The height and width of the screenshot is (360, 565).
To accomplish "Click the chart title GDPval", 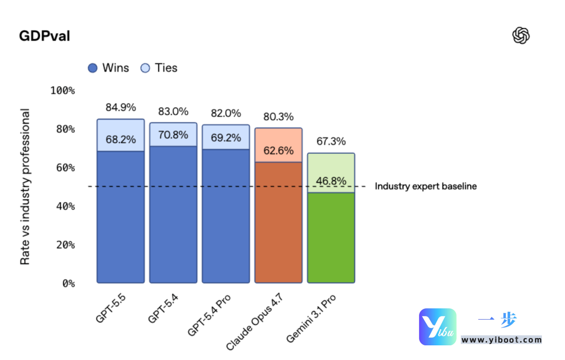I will pyautogui.click(x=44, y=36).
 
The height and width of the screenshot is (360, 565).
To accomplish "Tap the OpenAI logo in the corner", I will pyautogui.click(x=521, y=36).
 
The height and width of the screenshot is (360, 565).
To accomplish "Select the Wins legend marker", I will pyautogui.click(x=93, y=68).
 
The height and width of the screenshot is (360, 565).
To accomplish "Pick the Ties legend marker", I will pyautogui.click(x=145, y=68).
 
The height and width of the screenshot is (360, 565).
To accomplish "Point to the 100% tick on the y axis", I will pyautogui.click(x=63, y=91).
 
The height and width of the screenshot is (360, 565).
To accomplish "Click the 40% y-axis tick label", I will pyautogui.click(x=63, y=206).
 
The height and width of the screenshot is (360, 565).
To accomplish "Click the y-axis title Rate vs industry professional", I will pyautogui.click(x=25, y=187).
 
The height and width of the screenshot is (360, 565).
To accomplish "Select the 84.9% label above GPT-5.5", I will pyautogui.click(x=120, y=108).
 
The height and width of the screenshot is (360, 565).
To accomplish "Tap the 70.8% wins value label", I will pyautogui.click(x=173, y=135).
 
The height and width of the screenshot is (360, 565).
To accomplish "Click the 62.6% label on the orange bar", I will pyautogui.click(x=278, y=151).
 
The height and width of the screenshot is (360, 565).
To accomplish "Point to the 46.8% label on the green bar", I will pyautogui.click(x=331, y=181).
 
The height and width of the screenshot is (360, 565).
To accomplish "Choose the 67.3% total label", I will pyautogui.click(x=331, y=141).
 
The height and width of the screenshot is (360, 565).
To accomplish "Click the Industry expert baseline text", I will pyautogui.click(x=426, y=186).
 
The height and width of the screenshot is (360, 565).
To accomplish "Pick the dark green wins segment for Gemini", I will pyautogui.click(x=331, y=238).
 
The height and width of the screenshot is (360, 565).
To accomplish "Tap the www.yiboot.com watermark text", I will pyautogui.click(x=501, y=340).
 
